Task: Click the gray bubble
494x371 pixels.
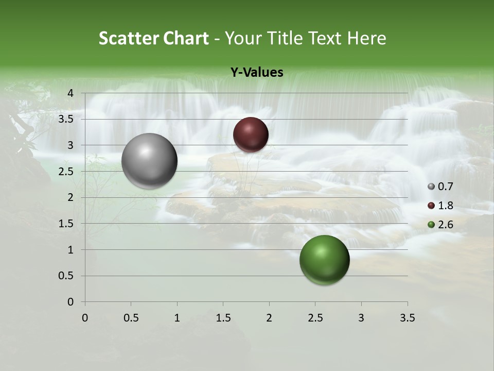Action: (x=149, y=161)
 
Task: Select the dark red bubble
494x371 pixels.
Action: (x=251, y=134)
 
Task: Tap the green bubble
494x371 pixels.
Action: (x=324, y=260)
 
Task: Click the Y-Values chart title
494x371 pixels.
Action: (x=257, y=73)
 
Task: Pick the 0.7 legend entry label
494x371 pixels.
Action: (x=445, y=187)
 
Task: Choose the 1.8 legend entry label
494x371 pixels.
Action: (x=445, y=206)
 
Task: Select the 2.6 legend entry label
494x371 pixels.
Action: (x=445, y=225)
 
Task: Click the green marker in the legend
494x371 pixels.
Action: (x=431, y=225)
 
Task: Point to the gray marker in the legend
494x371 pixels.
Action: (x=431, y=187)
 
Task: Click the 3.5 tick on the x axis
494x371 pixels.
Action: (x=407, y=318)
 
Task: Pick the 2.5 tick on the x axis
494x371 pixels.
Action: (x=315, y=318)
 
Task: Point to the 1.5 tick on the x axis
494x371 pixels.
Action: (x=223, y=318)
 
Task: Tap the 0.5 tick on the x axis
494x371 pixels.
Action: (x=131, y=318)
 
